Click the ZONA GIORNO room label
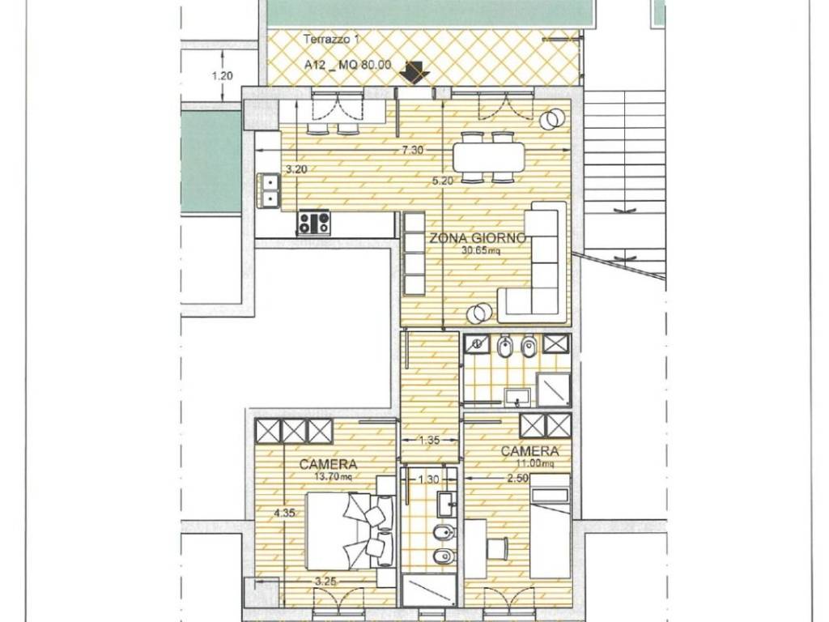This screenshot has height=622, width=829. click(478, 238)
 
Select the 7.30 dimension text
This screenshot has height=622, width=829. click(412, 150)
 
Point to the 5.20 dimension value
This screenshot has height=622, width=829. click(443, 181)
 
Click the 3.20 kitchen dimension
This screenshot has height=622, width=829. click(296, 170)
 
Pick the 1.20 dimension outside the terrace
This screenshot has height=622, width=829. click(222, 76)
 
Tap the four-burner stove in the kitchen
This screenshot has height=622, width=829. click(313, 222)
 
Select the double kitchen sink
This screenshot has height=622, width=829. click(270, 190)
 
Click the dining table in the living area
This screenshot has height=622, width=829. click(488, 156)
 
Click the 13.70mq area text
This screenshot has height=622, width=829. click(333, 476)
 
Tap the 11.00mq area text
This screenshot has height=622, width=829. click(535, 464)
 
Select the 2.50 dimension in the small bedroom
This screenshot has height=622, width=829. click(517, 479)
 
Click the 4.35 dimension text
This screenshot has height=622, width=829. click(284, 513)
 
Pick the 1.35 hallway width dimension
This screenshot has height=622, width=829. click(429, 440)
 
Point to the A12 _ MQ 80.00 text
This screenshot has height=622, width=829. click(347, 65)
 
